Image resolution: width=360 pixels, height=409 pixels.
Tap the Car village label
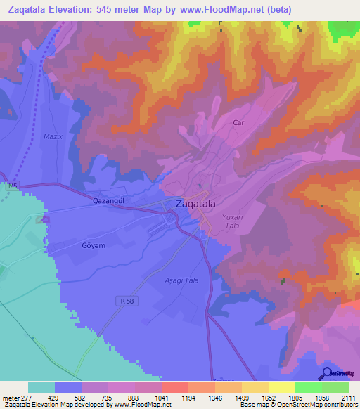click(x=238, y=122)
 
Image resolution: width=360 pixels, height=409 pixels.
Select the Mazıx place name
click(x=53, y=137)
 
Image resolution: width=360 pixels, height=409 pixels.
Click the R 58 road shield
click(x=124, y=300)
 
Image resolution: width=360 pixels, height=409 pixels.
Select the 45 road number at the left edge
click(x=13, y=186)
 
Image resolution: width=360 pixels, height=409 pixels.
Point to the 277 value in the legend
click(x=28, y=397)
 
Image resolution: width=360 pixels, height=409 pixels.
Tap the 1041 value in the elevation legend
click(x=162, y=397)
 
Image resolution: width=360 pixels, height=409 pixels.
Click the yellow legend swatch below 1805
click(x=281, y=387)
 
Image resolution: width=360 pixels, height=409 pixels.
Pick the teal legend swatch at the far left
click(x=41, y=387)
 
